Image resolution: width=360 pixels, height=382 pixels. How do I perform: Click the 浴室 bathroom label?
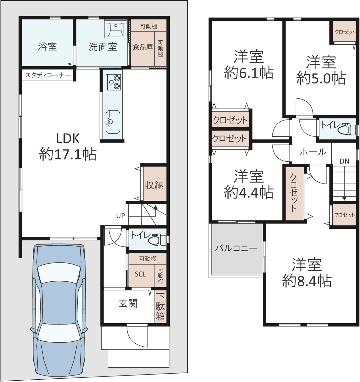tap(47, 46)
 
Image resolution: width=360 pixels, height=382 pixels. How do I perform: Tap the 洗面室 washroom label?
tap(103, 46)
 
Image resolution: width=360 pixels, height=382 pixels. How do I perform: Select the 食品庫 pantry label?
tap(143, 47)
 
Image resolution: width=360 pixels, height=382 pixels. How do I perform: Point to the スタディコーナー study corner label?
tap(48, 75)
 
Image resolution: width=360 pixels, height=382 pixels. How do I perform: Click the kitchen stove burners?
tap(114, 82)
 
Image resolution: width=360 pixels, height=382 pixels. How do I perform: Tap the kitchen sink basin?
tap(113, 122)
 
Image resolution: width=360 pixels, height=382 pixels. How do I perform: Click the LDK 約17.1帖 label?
tap(68, 146)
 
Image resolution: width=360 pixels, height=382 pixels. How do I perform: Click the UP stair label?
tap(120, 216)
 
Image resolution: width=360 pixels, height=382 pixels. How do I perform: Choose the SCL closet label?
tap(140, 274)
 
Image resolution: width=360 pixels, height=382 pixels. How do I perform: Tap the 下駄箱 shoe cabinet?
tap(161, 307)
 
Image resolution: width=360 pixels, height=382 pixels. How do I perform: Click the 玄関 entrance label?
tap(128, 303)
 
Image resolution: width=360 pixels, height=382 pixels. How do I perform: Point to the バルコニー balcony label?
tap(236, 248)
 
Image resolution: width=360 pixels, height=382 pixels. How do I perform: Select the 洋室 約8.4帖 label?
tap(307, 273)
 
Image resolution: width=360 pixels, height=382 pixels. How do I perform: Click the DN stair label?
tap(344, 161)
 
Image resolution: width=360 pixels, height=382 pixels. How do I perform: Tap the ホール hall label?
tap(313, 152)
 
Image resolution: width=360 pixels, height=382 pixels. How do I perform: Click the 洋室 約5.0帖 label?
tap(321, 70)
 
